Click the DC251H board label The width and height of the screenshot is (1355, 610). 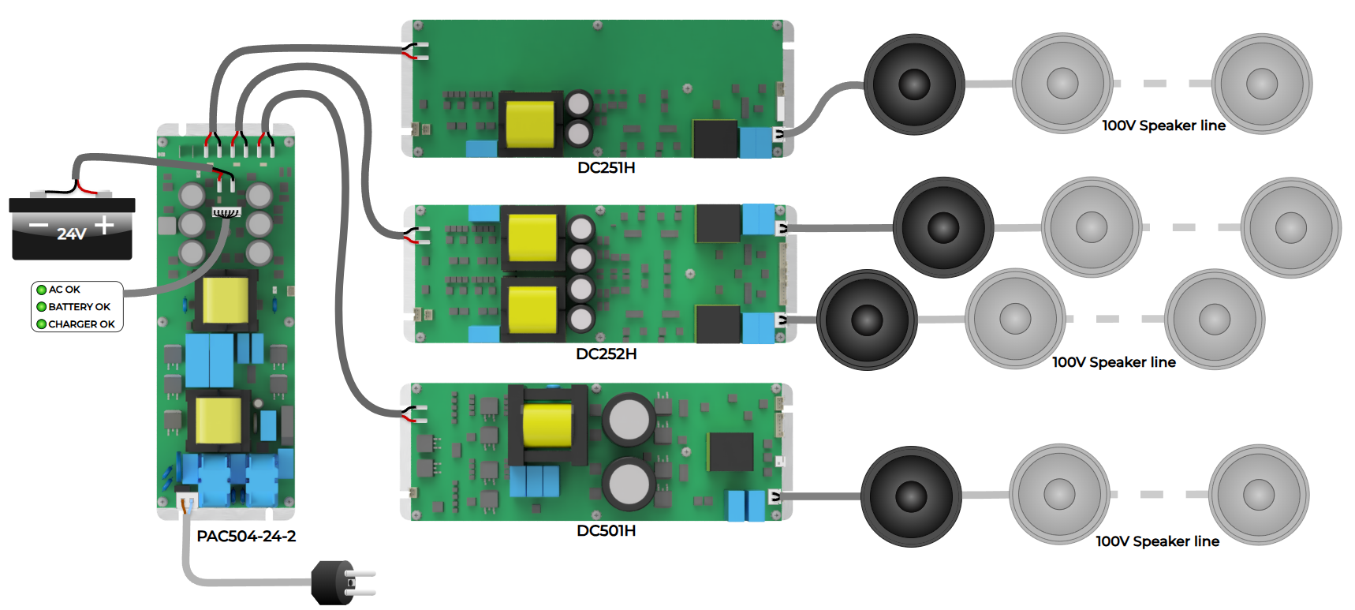click(x=606, y=167)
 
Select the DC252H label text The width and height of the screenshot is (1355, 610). click(x=606, y=354)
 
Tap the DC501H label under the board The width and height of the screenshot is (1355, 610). click(x=606, y=530)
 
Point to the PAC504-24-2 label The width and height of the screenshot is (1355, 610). click(x=246, y=536)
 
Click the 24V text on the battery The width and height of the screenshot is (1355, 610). click(x=71, y=234)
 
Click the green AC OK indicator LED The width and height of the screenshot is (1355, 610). click(x=42, y=290)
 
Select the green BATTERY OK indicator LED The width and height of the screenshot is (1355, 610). click(x=42, y=307)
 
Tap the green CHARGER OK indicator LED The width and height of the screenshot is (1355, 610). click(x=42, y=324)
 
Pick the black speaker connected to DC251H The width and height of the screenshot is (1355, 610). click(x=914, y=84)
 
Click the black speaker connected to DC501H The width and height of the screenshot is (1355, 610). click(x=911, y=496)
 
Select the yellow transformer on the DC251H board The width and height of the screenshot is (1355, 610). click(x=529, y=123)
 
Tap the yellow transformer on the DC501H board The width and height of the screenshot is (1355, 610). click(x=547, y=426)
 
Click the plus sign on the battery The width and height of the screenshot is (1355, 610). click(x=104, y=226)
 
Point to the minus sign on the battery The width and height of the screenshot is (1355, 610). click(x=39, y=226)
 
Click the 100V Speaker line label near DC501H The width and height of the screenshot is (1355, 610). click(x=1157, y=541)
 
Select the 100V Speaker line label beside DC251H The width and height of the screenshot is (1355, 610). click(x=1163, y=125)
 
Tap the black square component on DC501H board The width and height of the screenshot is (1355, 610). click(x=730, y=452)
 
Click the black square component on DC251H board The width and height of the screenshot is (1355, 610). click(x=715, y=138)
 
